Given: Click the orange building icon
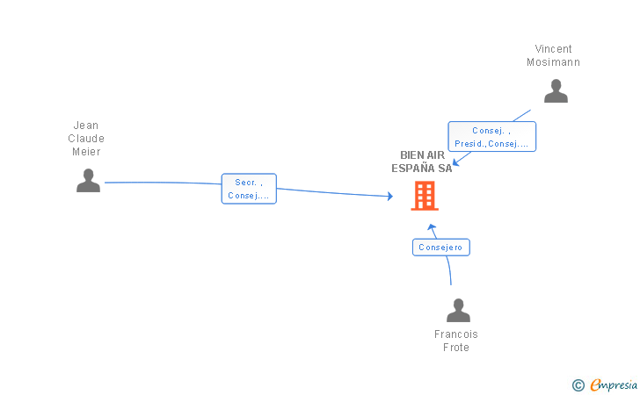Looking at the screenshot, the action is pos(425,196).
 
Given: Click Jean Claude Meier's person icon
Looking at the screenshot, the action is pos(88,180).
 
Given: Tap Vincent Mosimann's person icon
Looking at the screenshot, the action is pos(556,91).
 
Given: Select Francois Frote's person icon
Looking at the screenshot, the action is pos(458,310).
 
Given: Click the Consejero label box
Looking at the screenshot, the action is pos(441,248).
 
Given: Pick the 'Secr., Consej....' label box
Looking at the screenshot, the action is pos(249,189).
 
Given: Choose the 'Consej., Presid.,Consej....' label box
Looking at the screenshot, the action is pos(491,137).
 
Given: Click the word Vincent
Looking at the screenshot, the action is pos(554,49).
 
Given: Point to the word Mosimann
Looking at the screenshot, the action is pos(554,62).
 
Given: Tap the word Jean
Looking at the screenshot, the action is pos(86,126).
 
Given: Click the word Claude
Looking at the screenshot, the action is pos(86,138).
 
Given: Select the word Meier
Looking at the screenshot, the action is pos(86,152).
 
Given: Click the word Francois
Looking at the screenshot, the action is pos(456,334).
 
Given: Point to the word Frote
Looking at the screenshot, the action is pos(456,348).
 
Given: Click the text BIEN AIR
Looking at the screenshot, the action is pos(423,154).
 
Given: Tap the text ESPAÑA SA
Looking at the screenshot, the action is pos(422,168).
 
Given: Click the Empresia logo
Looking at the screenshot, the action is pos(614,384).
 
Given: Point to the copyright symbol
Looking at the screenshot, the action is pos(578,385).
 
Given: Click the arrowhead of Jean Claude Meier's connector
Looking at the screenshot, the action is pos(390,196).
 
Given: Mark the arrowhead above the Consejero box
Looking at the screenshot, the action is pos(432,226).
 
